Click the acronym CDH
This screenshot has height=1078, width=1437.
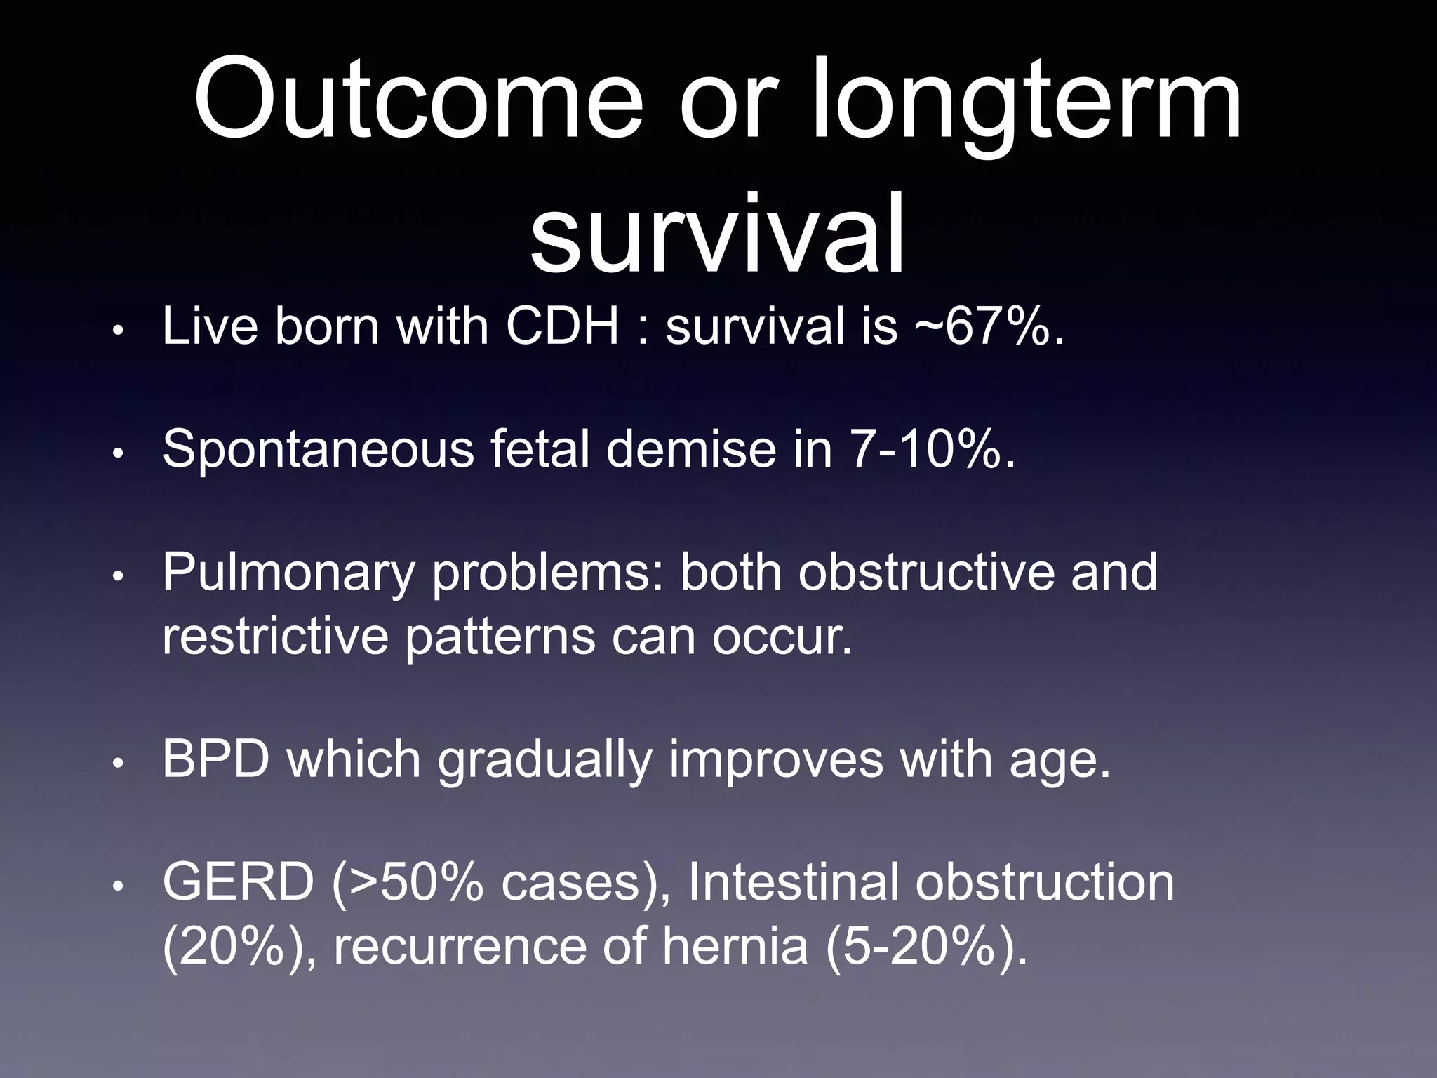[x=563, y=326]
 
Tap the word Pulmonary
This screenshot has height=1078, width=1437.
[x=288, y=573]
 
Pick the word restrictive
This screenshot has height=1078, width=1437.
[x=275, y=636]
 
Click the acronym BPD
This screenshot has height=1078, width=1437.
[x=216, y=759]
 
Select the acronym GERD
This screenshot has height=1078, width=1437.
[x=239, y=883]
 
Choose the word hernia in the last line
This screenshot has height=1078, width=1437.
[x=735, y=946]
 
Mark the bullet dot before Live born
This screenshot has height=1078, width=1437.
[x=119, y=330]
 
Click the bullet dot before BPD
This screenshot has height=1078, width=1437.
[x=119, y=763]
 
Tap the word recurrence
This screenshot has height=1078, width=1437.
[x=459, y=946]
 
